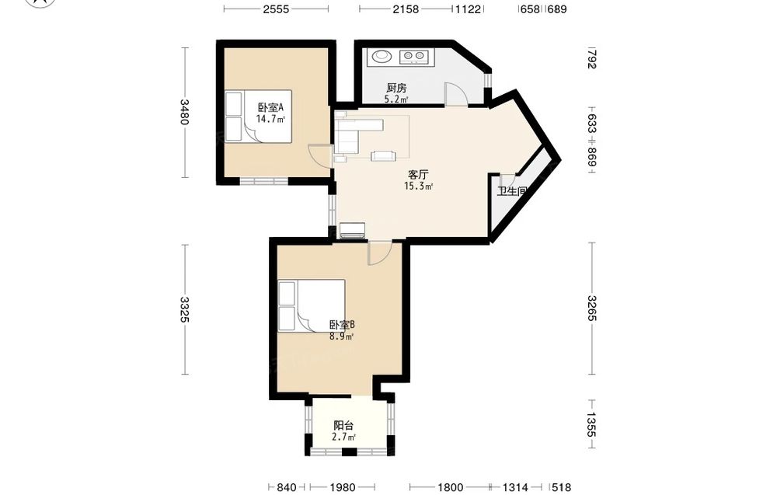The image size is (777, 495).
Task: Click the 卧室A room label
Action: [x=270, y=107]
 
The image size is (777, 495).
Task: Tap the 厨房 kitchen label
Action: [x=396, y=88]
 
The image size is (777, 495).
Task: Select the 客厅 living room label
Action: [x=418, y=174]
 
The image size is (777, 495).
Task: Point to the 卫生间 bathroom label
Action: [x=512, y=191]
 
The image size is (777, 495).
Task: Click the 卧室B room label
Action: [x=343, y=325]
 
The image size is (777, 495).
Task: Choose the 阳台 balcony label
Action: [x=343, y=425]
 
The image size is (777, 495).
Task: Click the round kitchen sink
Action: [x=381, y=56]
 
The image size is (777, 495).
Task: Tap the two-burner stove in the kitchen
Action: [x=413, y=57]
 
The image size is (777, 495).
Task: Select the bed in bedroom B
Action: [x=312, y=305]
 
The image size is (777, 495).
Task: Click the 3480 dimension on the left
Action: [x=184, y=112]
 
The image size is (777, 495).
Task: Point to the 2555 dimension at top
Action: [x=276, y=9]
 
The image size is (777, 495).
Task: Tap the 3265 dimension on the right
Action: [x=591, y=309]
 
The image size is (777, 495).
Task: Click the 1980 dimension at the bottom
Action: [x=343, y=487]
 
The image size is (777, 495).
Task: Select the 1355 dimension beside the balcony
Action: [x=591, y=424]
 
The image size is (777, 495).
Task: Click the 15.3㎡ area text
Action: [x=418, y=186]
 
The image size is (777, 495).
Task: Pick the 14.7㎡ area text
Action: [x=270, y=119]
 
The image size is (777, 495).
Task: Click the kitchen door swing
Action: [x=456, y=94]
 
